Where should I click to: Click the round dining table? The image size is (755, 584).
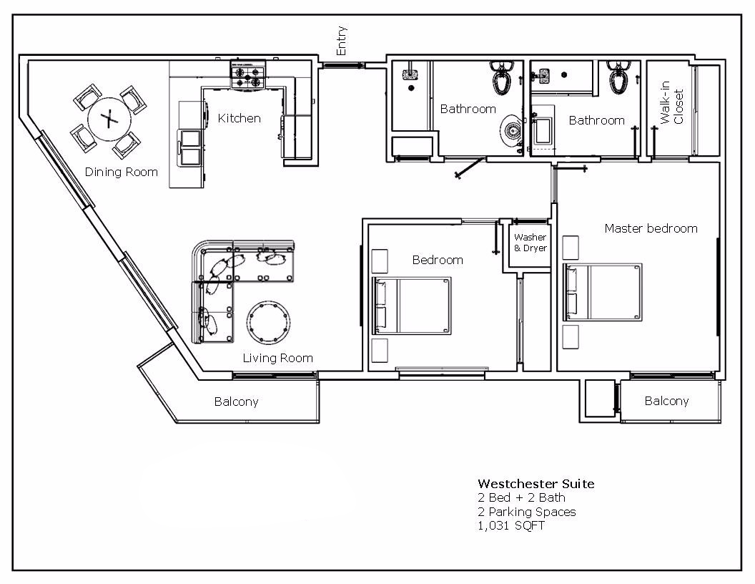[x=108, y=119]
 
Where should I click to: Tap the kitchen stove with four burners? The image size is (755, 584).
[x=247, y=75]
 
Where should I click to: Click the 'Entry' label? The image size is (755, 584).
[x=342, y=41]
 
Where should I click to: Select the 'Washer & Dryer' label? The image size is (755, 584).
[x=531, y=243]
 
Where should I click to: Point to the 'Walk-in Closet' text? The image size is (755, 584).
[x=672, y=107]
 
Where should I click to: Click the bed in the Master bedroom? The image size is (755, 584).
[x=604, y=292]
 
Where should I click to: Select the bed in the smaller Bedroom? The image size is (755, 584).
[x=413, y=306]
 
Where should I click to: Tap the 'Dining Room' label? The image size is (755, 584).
[x=122, y=172]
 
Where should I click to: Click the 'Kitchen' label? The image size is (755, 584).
[x=239, y=118]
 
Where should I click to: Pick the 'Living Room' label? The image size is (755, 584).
[x=277, y=358]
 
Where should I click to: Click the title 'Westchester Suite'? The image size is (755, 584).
[x=536, y=484]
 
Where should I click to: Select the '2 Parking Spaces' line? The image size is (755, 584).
[x=526, y=512]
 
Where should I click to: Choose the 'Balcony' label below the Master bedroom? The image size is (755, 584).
[x=666, y=401]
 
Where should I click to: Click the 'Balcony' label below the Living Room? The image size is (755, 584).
[x=236, y=401]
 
